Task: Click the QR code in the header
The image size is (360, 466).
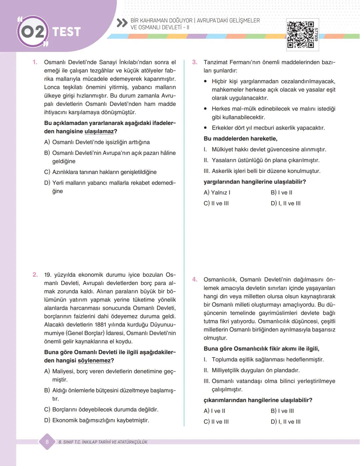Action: click(300, 35)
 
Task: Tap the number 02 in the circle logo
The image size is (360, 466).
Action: click(33, 32)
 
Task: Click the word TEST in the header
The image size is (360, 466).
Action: click(67, 32)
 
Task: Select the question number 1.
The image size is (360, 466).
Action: click(35, 62)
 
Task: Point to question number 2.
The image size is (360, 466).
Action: click(35, 275)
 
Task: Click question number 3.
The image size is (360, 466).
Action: click(195, 62)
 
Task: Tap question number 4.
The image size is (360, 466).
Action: click(195, 279)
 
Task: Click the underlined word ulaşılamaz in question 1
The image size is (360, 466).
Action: click(99, 132)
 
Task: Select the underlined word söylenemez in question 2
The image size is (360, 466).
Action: click(94, 361)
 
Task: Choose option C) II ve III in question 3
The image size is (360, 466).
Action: click(216, 204)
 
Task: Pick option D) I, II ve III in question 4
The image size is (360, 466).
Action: click(286, 422)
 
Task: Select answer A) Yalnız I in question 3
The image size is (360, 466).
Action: click(217, 193)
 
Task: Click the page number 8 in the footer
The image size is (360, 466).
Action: click(47, 442)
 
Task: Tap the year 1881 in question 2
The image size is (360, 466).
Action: click(101, 325)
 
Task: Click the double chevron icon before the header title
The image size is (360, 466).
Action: click(122, 23)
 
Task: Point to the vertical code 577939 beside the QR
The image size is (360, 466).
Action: click(316, 34)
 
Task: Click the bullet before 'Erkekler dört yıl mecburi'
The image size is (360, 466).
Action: click(205, 128)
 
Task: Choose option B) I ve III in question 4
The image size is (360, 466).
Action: click(282, 411)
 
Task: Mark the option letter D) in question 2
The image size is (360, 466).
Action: click(47, 420)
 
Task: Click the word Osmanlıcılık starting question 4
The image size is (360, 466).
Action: click(220, 280)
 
